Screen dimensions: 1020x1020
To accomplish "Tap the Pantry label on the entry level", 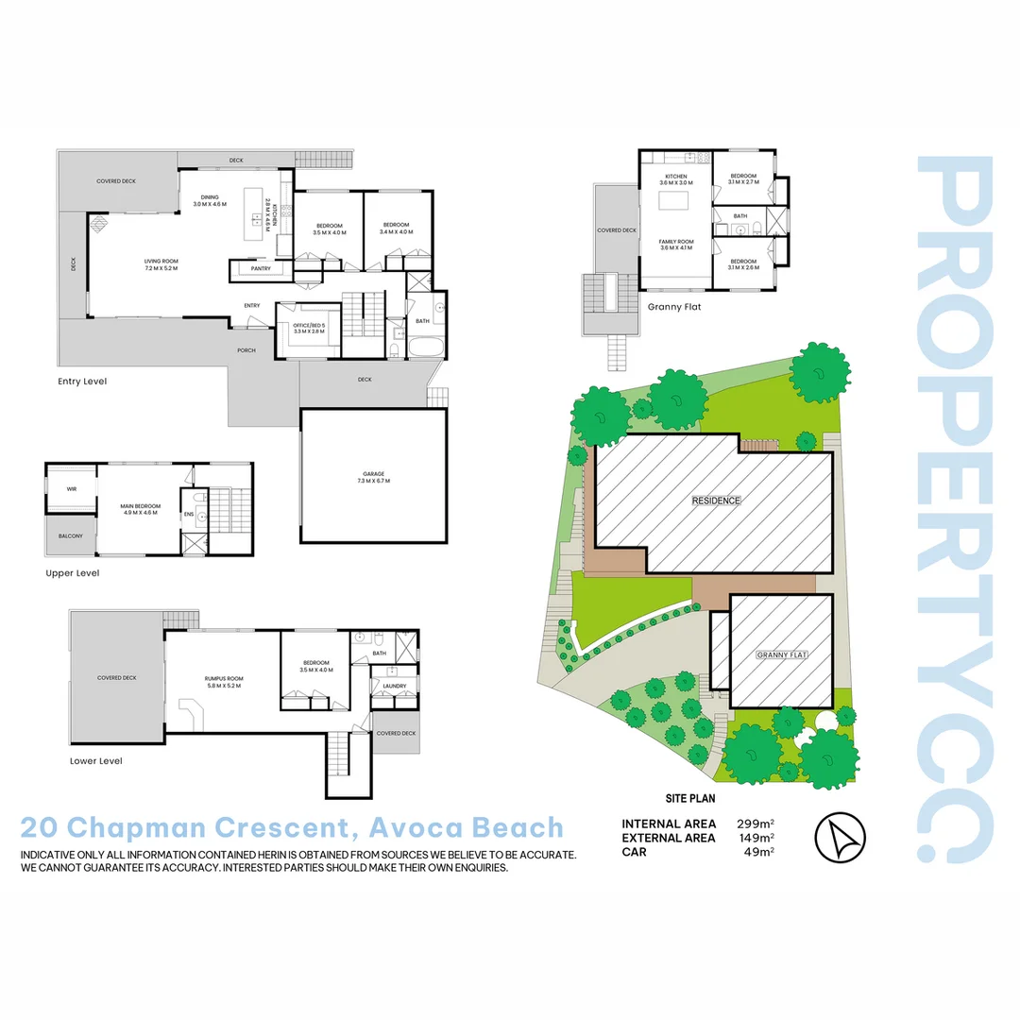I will click(x=261, y=269).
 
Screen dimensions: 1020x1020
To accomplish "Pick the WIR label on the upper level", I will click(x=71, y=489).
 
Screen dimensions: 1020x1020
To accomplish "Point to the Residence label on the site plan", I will click(x=715, y=501).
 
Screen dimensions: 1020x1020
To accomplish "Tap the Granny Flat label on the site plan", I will click(x=780, y=654).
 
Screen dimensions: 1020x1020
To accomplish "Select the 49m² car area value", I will click(x=759, y=852).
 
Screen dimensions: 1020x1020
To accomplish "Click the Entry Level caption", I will click(x=82, y=382).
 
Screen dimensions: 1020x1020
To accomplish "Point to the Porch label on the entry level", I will click(x=246, y=350).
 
